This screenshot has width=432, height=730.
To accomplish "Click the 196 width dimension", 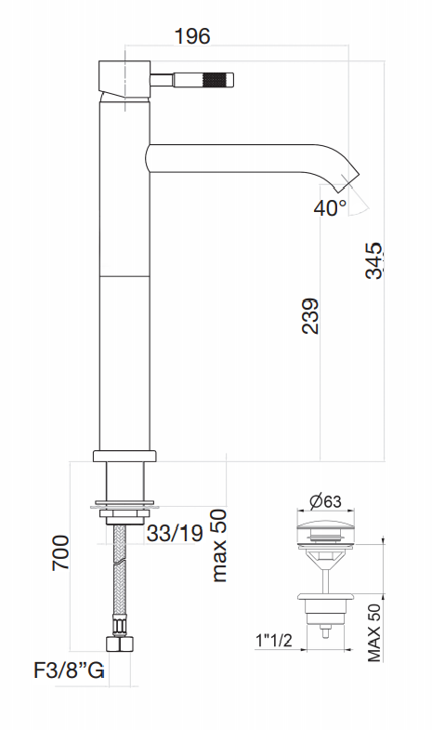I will point(192,36).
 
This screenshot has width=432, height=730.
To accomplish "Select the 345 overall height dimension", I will point(373,259).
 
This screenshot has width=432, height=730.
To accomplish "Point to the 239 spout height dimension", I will point(310,315).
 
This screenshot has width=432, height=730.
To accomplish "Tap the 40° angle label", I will point(330,207).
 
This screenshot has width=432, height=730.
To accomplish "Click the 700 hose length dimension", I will point(61,554).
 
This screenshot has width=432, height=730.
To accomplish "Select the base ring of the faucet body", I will point(124,456).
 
